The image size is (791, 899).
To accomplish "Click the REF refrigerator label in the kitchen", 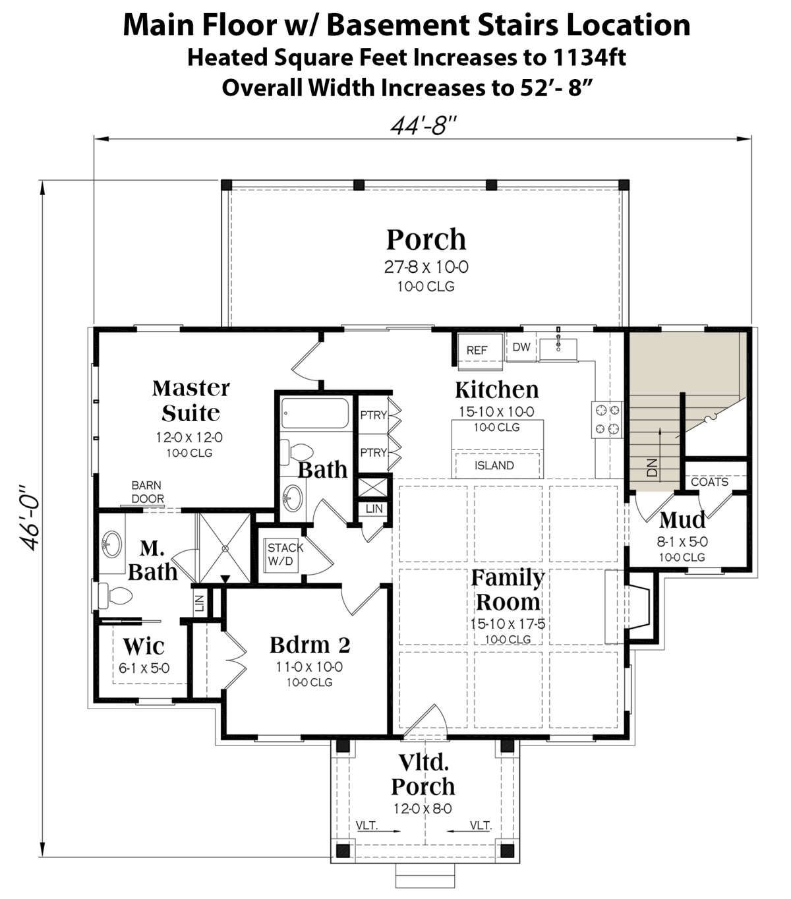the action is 477,351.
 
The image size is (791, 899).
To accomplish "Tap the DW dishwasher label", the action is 521,347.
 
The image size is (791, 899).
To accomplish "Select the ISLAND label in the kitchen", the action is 494,465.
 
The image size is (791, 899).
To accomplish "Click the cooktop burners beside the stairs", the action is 607,420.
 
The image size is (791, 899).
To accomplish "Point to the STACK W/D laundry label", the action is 285,554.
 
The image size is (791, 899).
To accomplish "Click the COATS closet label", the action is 709,482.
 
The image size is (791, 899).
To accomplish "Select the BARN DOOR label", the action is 148,492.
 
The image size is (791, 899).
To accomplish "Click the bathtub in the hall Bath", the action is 315,413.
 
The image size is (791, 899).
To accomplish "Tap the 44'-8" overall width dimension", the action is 423,125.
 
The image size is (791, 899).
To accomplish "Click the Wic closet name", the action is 144,646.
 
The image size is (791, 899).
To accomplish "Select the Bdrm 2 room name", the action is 310,645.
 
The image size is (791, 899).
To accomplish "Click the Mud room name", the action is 682,519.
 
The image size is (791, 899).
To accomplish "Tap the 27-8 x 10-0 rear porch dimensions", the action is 426,267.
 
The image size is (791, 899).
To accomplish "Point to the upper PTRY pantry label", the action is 373,415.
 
